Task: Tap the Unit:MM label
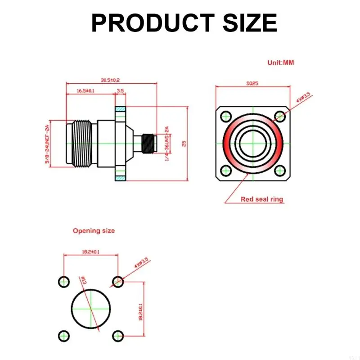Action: [280, 63]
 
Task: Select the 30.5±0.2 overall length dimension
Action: [110, 80]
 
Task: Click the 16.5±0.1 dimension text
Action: [85, 90]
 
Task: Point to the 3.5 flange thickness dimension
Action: [120, 90]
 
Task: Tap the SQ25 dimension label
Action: [252, 83]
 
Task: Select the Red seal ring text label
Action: [262, 199]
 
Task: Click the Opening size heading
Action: [94, 230]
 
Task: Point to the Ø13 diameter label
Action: [83, 280]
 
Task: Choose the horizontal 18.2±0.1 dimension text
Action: [90, 252]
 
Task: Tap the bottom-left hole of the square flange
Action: [225, 170]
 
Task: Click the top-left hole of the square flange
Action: [225, 117]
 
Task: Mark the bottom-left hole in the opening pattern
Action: [64, 336]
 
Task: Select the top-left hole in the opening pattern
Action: [64, 282]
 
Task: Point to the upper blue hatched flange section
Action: [121, 110]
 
